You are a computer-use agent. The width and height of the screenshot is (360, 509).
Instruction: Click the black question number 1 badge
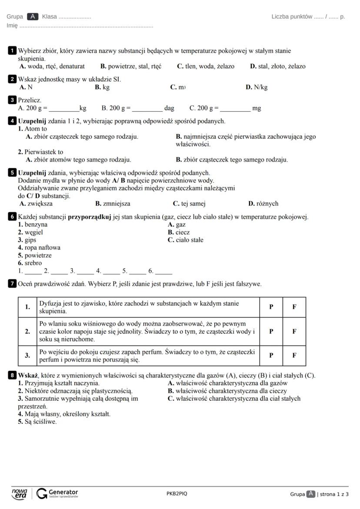coord(12,51)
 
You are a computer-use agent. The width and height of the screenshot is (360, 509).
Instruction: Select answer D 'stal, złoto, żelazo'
coord(277,67)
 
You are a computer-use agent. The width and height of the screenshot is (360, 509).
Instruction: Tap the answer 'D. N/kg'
coord(257,87)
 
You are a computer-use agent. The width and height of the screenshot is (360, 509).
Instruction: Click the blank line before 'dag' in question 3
coord(147,109)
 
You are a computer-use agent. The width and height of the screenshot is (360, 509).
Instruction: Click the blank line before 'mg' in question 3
coord(235,109)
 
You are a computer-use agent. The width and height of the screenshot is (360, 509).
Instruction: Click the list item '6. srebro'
coord(30,263)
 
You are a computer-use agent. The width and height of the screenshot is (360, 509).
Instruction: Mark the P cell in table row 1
coord(271,307)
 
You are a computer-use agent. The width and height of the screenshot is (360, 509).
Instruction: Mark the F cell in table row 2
coord(294,331)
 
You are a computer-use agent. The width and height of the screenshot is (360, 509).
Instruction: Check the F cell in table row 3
coord(294,355)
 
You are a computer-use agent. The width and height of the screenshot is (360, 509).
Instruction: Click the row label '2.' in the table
coord(28,331)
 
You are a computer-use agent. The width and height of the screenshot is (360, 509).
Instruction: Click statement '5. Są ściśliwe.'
coord(37,422)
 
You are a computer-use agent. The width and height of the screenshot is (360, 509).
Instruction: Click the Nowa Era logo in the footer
coord(20,493)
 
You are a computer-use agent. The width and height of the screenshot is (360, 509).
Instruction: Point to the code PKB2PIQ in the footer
coord(177,494)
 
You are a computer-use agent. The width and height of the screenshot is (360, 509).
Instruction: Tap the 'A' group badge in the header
coord(33,17)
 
